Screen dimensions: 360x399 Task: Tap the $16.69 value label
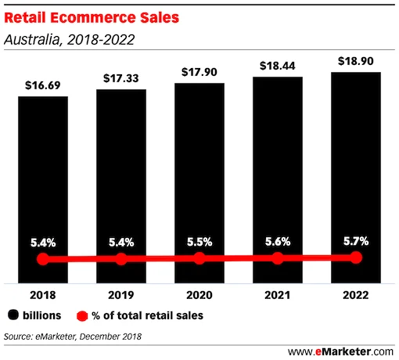[x=43, y=85]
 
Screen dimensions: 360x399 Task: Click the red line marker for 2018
[x=43, y=259]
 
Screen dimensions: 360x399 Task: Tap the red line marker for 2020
[x=199, y=258]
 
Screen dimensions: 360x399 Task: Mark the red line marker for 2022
[x=356, y=257]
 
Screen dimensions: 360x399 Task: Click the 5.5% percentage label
[x=199, y=242]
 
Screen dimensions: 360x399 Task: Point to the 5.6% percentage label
[x=278, y=241]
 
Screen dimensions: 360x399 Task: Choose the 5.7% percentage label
[x=356, y=239]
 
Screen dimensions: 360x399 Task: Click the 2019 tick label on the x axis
[x=121, y=296]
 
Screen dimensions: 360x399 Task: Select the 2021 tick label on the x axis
[x=278, y=296]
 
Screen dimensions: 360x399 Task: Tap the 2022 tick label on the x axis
[x=356, y=296]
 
